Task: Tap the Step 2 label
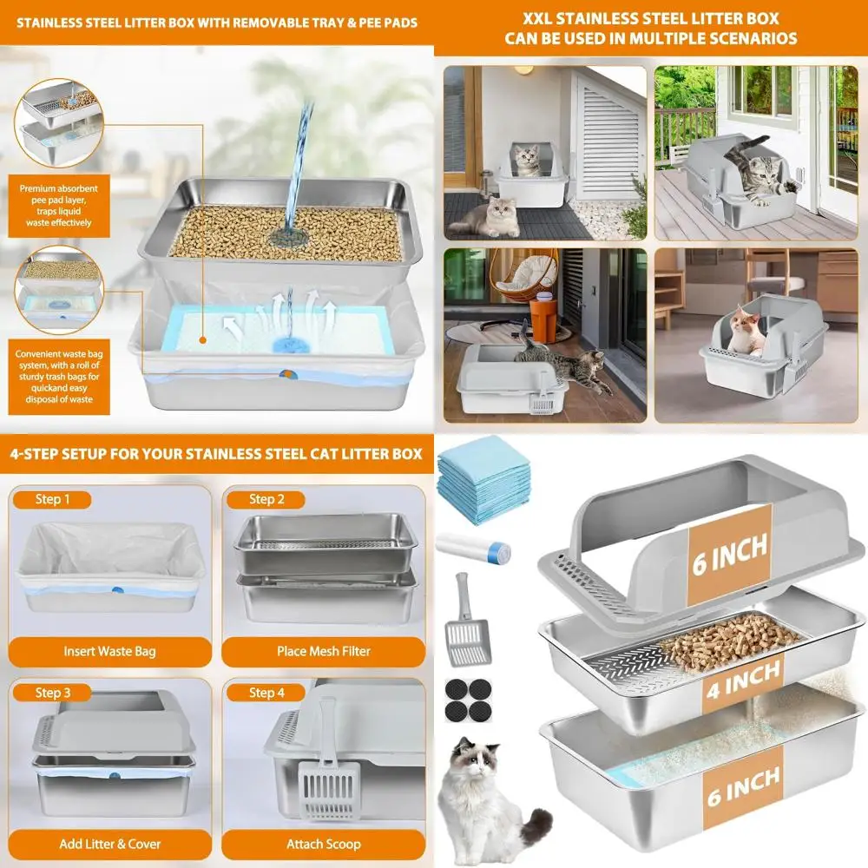tap(266, 499)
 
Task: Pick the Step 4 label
tap(266, 693)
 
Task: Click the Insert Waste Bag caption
tap(110, 651)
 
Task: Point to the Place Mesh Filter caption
tap(324, 651)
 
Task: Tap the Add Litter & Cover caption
tap(110, 844)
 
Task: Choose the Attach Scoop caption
tap(324, 844)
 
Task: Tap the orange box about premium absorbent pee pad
tap(59, 206)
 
